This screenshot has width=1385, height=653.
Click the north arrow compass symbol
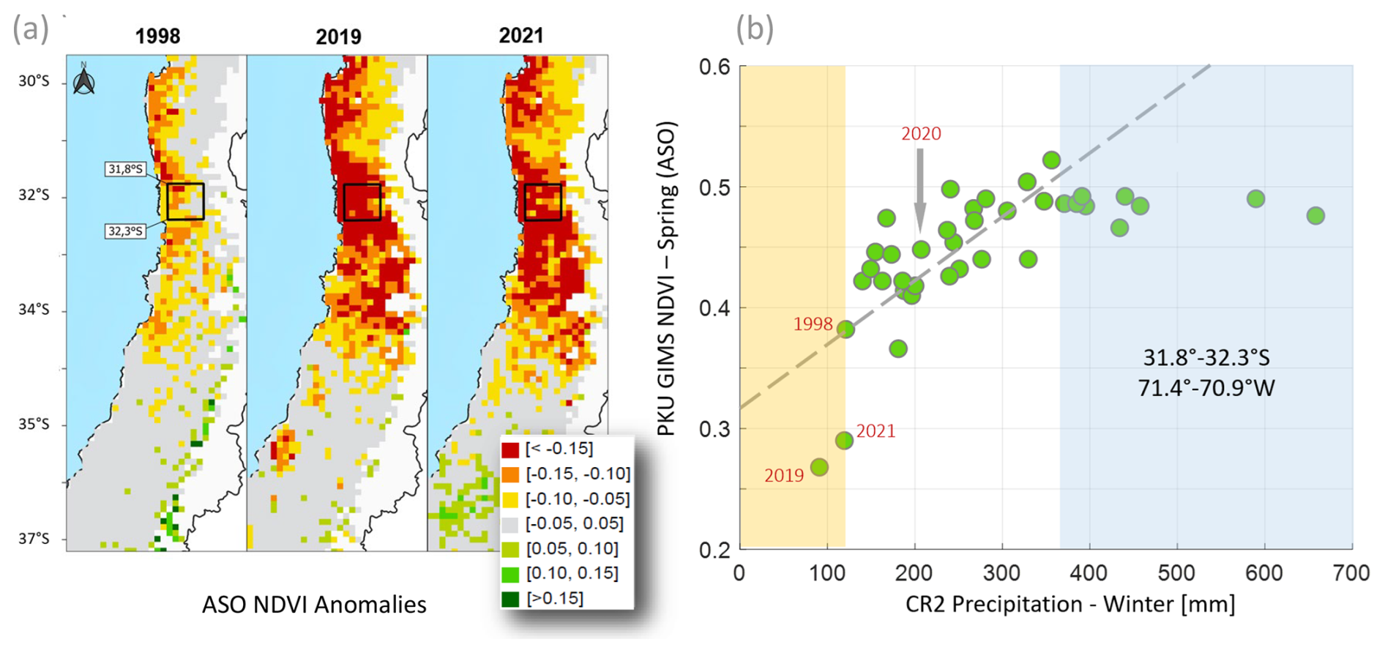[84, 80]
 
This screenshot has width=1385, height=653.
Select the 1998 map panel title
[157, 36]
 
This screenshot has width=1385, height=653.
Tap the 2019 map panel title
[338, 36]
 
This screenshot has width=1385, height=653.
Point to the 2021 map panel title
[520, 35]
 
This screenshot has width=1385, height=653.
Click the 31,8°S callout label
[125, 169]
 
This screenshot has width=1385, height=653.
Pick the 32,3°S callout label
[125, 231]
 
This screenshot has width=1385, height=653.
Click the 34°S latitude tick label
[34, 310]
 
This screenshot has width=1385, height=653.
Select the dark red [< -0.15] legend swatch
[510, 449]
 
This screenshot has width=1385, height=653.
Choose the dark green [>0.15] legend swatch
[510, 599]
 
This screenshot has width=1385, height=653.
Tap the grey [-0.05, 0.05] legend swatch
[510, 524]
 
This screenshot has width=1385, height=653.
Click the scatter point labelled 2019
[819, 467]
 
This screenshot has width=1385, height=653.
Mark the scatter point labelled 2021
[844, 440]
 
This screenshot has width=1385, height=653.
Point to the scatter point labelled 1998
[845, 329]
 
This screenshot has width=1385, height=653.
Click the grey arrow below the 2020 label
[920, 190]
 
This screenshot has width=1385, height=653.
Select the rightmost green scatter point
[1315, 215]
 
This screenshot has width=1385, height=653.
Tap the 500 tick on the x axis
[1177, 572]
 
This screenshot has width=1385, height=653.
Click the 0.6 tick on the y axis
[714, 67]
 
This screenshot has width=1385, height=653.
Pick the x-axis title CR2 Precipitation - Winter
[1070, 605]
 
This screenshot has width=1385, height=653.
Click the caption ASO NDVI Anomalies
[314, 605]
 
